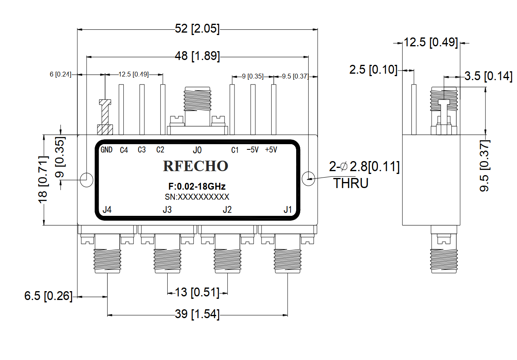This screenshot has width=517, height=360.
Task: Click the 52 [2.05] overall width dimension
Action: coord(197,29)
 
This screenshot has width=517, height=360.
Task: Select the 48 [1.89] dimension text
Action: coord(198,56)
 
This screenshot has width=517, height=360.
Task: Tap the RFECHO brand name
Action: coord(195,166)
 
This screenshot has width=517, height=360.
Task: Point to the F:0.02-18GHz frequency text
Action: coord(197,187)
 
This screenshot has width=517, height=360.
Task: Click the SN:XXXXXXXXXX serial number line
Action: coord(197,197)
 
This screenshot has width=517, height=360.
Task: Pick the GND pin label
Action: coord(106,150)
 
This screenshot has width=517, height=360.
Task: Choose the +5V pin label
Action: coord(271,150)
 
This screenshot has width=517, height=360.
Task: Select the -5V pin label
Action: coord(252,150)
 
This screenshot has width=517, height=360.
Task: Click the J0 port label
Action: coord(197,150)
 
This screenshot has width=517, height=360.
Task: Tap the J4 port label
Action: coord(107,210)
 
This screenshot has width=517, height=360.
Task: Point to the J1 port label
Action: coord(287,210)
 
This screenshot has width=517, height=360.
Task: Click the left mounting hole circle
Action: coord(87,179)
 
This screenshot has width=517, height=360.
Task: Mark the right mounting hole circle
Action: coord(309,178)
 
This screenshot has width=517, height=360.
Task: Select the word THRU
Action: coord(351,184)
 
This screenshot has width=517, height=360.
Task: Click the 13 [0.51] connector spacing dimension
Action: coord(197,292)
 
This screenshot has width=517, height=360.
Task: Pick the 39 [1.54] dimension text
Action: coord(197,314)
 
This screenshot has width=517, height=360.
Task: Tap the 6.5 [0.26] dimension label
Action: coord(48,296)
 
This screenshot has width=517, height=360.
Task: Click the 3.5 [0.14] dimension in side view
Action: coord(488,76)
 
